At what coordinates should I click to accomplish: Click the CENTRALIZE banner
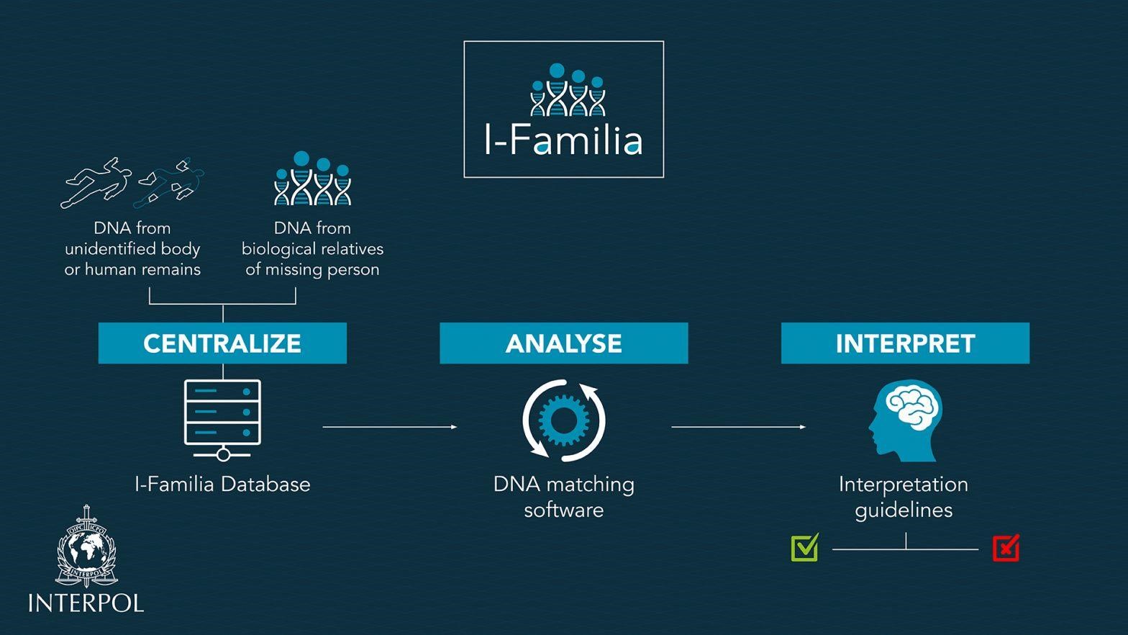tap(222, 343)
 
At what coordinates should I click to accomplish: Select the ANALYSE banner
tap(564, 343)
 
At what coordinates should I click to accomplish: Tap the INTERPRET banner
tap(906, 343)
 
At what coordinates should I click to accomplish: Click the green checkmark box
tap(805, 548)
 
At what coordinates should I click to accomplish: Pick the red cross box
tap(1006, 549)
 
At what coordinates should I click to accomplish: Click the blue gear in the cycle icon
tap(564, 420)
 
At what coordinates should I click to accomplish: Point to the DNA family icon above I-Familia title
tap(568, 90)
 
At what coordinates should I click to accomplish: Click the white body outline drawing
tap(96, 182)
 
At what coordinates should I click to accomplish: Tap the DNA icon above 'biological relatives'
tap(313, 179)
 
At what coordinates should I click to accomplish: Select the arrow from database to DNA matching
tap(390, 427)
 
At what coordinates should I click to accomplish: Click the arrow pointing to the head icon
tap(738, 427)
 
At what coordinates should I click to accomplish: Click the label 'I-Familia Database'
tap(222, 485)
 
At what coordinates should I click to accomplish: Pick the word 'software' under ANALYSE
tap(564, 510)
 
